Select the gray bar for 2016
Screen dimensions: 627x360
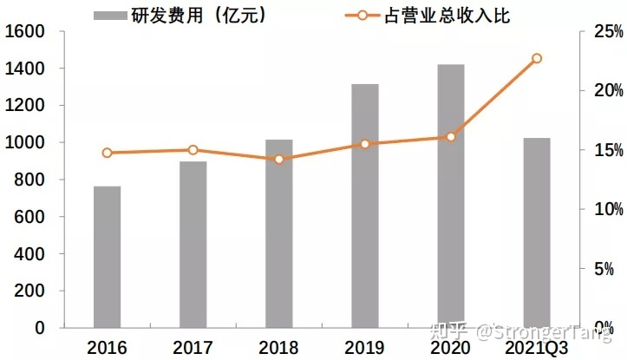pos(108,257)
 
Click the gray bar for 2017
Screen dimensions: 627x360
pos(193,245)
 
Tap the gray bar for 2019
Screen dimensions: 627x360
pos(365,206)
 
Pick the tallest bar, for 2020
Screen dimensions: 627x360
pos(451,196)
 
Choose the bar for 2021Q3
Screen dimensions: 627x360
pos(537,232)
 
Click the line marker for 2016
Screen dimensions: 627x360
pos(108,153)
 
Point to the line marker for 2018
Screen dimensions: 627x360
pos(279,160)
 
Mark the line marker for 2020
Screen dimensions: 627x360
pos(451,137)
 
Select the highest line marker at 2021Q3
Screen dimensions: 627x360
pos(537,58)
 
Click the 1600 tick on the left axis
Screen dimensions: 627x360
pos(25,31)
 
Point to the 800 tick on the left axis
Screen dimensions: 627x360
pos(29,180)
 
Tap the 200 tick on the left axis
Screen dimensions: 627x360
pos(29,291)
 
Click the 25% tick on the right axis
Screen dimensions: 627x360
pos(608,31)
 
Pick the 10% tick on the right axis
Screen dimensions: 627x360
pos(608,209)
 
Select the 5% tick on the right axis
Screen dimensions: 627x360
pos(604,269)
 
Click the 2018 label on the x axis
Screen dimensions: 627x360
pos(278,348)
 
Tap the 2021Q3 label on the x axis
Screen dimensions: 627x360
pos(536,348)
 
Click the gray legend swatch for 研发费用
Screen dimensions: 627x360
pos(110,16)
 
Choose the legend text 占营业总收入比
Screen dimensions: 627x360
pos(447,16)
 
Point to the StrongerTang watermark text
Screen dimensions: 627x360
pos(545,332)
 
